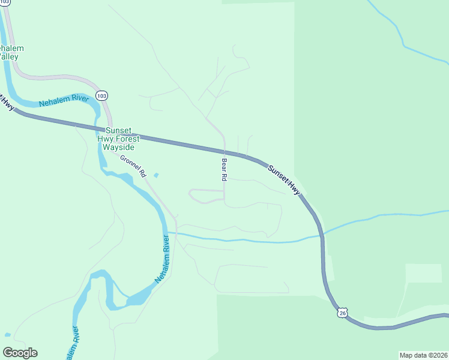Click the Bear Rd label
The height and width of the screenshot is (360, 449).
tap(224, 169)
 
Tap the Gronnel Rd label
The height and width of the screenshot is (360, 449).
tap(133, 166)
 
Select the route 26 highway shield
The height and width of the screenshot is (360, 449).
tap(342, 313)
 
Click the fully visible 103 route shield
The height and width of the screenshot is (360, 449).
tap(101, 96)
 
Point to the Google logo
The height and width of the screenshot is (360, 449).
tap(20, 352)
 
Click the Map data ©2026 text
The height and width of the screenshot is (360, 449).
tap(423, 355)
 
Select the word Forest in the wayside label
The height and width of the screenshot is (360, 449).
tap(124, 139)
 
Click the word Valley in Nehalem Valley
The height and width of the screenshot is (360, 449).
tap(8, 56)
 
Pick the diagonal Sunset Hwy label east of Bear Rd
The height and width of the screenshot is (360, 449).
tap(283, 179)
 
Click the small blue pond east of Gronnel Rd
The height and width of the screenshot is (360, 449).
tap(156, 175)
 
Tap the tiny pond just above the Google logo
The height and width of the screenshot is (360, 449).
tap(7, 334)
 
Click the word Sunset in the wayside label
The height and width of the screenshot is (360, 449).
tap(118, 130)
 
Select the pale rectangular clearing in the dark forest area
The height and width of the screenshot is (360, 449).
tap(423, 273)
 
